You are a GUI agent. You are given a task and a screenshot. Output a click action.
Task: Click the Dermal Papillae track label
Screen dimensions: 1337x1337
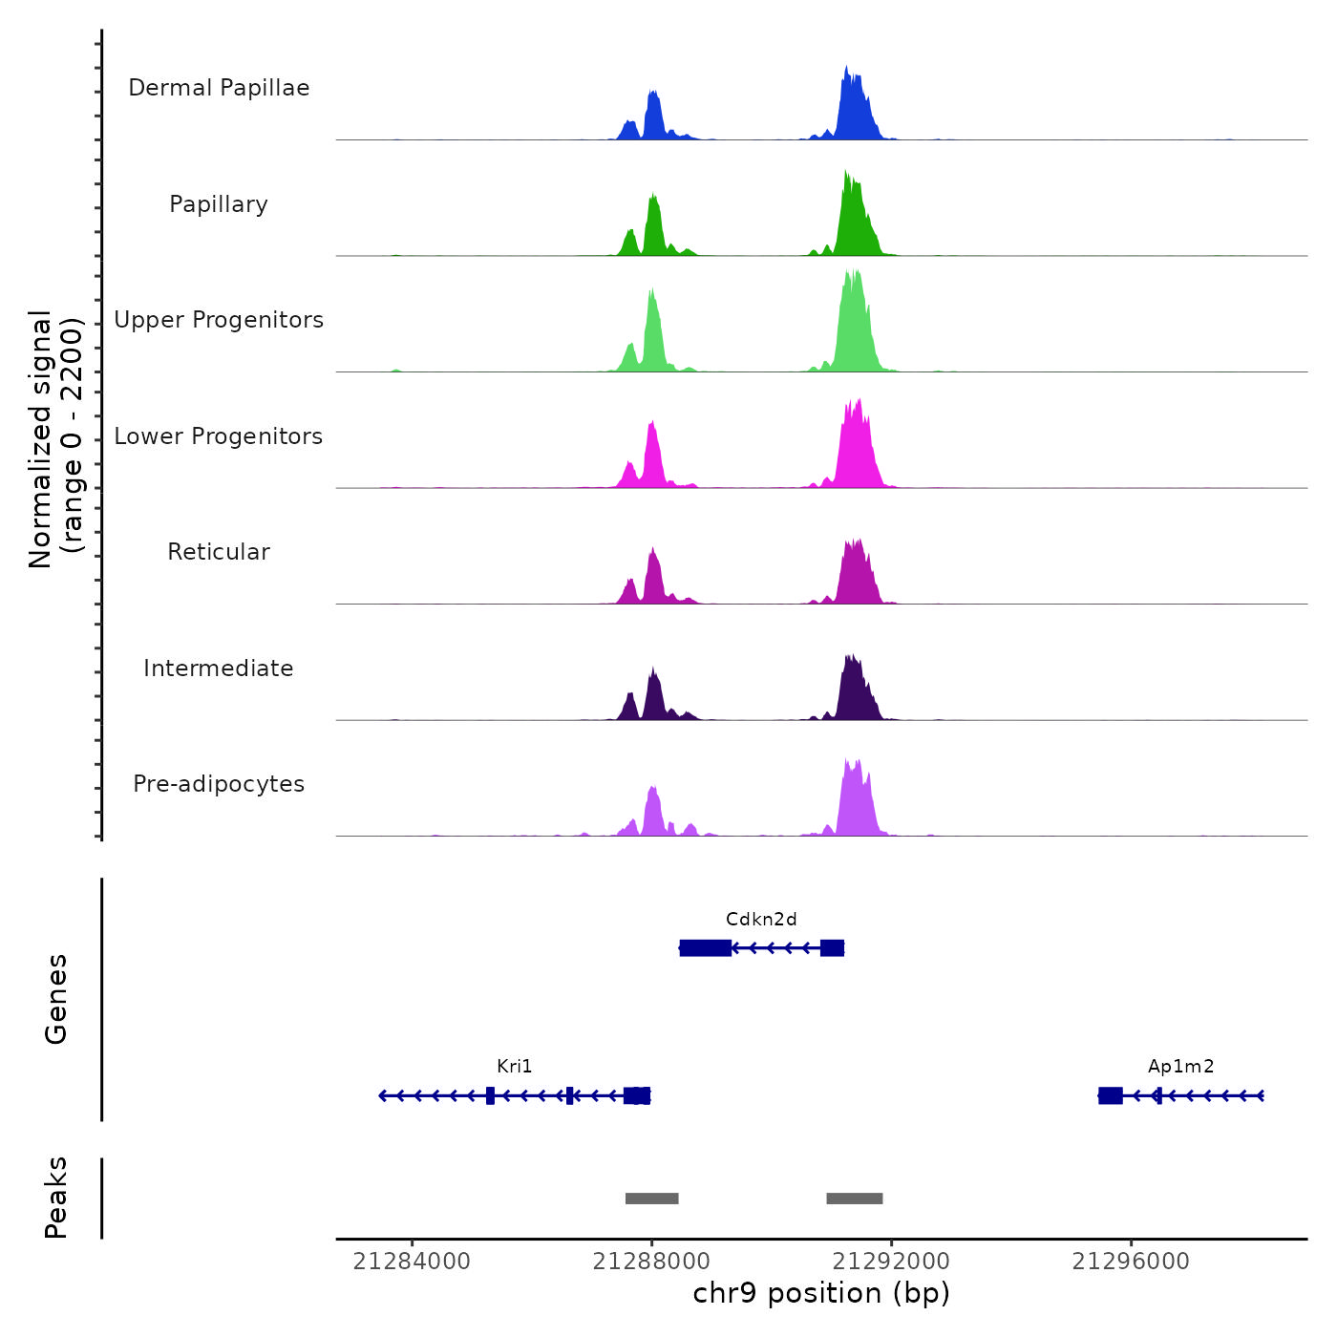219,88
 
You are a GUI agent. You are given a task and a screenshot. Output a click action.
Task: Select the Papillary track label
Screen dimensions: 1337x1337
219,204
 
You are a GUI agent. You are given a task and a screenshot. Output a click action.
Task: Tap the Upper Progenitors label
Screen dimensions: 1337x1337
219,320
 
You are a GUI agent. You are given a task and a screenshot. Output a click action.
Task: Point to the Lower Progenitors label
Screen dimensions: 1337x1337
219,436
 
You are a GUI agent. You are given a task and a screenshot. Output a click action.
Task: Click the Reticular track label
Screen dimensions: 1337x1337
219,552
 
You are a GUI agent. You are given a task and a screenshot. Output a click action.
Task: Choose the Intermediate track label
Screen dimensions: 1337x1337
219,668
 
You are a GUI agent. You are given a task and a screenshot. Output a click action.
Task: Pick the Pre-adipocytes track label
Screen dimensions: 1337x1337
219,784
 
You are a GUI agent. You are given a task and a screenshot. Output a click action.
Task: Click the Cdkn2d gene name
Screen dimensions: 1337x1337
761,920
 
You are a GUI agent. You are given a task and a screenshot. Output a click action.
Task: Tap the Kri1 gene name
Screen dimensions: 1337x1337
515,1067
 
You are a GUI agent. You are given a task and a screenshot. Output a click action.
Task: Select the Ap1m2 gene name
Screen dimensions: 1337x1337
1180,1067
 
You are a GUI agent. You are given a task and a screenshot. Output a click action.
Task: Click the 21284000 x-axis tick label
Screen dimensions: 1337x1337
412,1262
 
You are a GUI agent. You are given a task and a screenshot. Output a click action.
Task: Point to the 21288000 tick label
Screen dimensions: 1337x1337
651,1262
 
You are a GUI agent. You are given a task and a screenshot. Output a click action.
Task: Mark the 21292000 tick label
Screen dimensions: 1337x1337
891,1262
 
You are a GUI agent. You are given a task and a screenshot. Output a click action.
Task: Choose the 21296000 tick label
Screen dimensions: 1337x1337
1131,1262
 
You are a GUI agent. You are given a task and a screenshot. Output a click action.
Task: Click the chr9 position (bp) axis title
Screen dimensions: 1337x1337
821,1293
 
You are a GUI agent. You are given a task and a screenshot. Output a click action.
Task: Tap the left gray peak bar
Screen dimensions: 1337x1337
652,1199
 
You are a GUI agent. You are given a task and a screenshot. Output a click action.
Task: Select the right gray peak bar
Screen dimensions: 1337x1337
855,1199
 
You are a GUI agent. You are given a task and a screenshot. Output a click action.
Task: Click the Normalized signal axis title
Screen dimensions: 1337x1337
55,439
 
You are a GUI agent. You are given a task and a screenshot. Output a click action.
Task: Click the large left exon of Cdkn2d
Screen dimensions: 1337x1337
706,947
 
